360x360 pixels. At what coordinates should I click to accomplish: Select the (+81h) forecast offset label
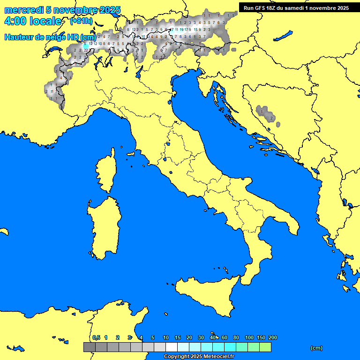81,22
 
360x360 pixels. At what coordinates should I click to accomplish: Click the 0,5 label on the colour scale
96,337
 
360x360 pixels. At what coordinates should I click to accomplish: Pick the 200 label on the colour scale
272,337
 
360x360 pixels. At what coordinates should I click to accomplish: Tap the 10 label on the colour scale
166,337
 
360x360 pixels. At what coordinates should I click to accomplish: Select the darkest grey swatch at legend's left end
89,347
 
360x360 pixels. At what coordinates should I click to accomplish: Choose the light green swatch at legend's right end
265,347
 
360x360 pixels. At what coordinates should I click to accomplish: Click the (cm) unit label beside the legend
316,348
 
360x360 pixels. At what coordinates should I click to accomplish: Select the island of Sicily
206,293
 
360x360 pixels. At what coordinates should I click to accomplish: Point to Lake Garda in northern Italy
139,72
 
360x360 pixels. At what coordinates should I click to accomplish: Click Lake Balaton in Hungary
283,36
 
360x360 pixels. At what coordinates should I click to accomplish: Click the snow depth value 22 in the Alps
86,49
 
